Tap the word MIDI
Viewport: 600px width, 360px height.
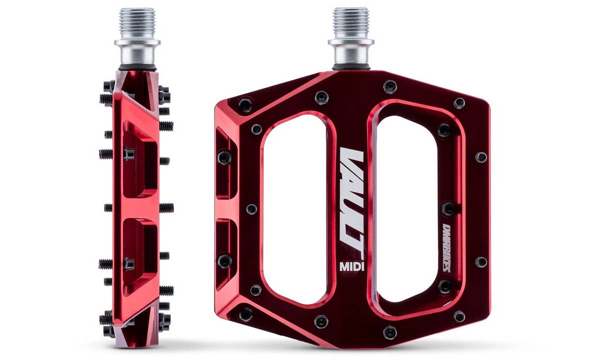[x=351, y=265]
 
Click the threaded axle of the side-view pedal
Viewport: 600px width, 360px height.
[x=137, y=23]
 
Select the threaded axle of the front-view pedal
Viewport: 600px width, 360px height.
[x=350, y=23]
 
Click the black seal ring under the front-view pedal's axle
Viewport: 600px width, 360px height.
[x=349, y=67]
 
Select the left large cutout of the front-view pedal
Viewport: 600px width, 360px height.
[x=295, y=207]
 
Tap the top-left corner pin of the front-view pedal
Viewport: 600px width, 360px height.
[x=245, y=104]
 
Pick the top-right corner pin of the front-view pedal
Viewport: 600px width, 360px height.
[x=459, y=103]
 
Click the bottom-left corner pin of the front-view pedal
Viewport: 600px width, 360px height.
[x=245, y=314]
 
